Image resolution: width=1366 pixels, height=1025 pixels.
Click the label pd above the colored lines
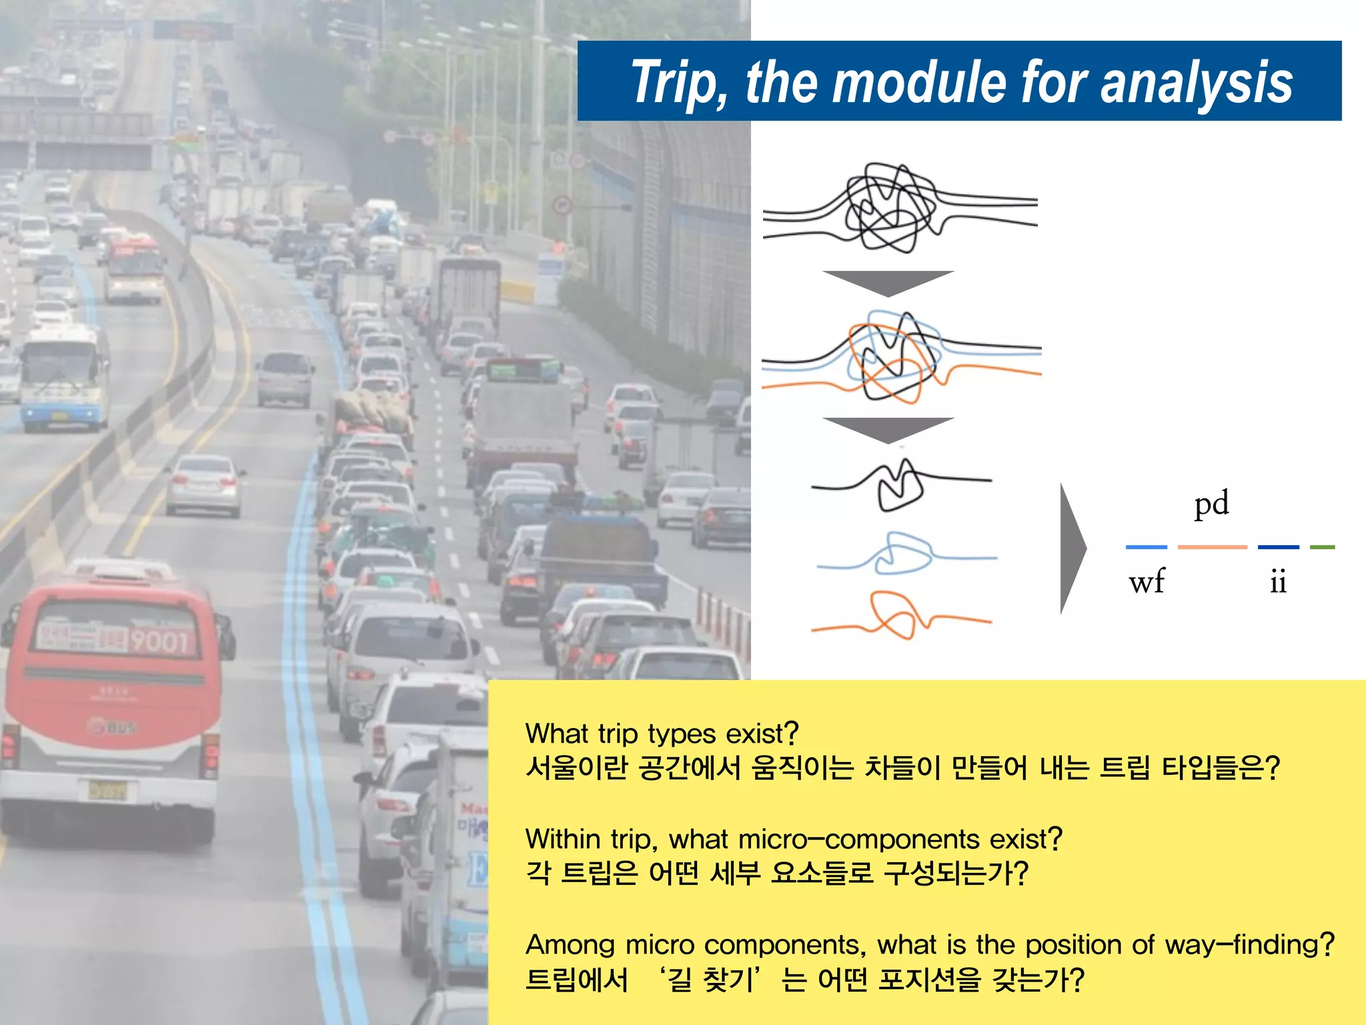pyautogui.click(x=1211, y=504)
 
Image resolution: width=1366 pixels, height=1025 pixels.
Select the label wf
pyautogui.click(x=1147, y=582)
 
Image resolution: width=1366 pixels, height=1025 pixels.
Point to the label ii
pyautogui.click(x=1278, y=582)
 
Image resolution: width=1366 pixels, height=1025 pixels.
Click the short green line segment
pyautogui.click(x=1322, y=547)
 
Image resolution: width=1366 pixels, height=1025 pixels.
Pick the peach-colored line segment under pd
pyautogui.click(x=1212, y=547)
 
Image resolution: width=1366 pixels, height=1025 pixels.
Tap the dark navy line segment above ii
pyautogui.click(x=1278, y=547)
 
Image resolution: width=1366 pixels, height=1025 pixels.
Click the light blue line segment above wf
pyautogui.click(x=1147, y=547)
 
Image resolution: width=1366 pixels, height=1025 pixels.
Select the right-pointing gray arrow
pyautogui.click(x=1072, y=549)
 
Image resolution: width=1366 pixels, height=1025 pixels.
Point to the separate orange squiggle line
pyautogui.click(x=900, y=616)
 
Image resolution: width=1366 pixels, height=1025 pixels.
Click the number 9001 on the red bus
pyautogui.click(x=159, y=641)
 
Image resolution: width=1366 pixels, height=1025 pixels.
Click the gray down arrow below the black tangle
pyautogui.click(x=888, y=282)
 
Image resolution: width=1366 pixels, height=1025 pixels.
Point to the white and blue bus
pyautogui.click(x=63, y=377)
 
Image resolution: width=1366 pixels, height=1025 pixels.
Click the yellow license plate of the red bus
pyautogui.click(x=107, y=791)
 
